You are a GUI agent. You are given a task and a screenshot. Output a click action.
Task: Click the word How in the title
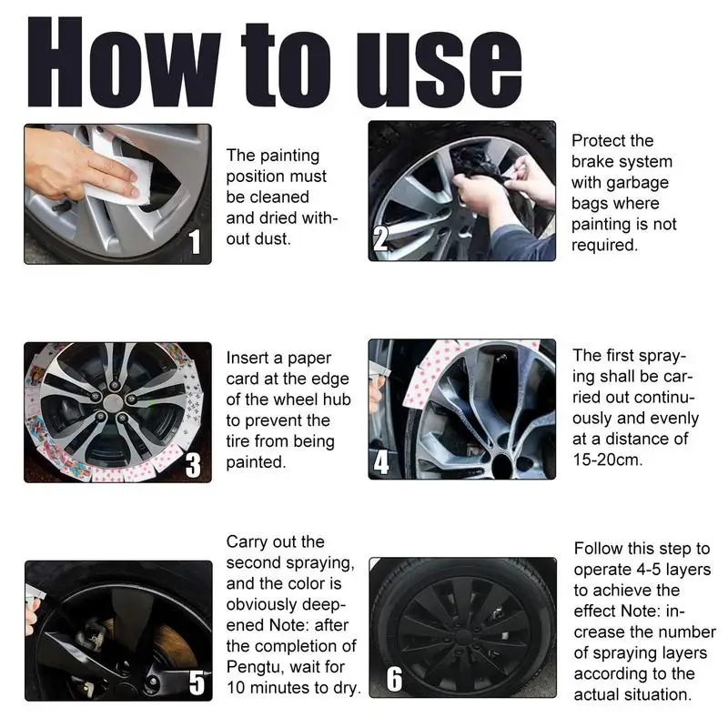click(123, 62)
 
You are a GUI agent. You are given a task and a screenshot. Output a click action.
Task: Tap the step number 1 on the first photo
click(196, 241)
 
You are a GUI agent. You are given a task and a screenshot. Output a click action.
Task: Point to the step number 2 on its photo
click(380, 238)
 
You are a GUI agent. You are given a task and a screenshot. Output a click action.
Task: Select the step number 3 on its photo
click(193, 465)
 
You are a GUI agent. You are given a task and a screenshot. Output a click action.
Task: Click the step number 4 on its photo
click(381, 462)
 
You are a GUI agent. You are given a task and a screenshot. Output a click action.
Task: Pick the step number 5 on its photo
click(197, 683)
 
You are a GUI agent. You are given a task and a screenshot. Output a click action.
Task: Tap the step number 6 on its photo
click(394, 679)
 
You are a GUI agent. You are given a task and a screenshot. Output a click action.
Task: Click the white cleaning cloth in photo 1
click(122, 174)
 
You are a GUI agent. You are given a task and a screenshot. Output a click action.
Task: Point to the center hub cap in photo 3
click(113, 402)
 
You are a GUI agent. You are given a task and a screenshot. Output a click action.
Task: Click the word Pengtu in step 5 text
click(254, 667)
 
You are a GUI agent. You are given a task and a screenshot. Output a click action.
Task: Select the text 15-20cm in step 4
click(607, 460)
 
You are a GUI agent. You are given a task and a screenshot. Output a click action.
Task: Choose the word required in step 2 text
click(604, 245)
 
